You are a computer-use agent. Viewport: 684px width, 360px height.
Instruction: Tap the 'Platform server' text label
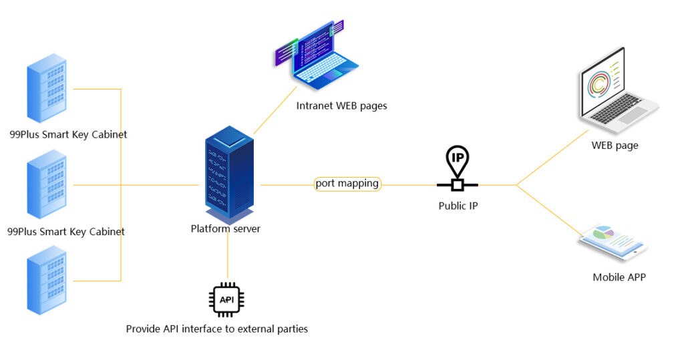pos(225,229)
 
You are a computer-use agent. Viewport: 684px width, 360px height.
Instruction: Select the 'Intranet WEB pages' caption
pos(341,106)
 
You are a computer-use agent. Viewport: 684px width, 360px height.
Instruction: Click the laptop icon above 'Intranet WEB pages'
pos(317,57)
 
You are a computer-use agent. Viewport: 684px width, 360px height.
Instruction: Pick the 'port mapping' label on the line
pos(347,184)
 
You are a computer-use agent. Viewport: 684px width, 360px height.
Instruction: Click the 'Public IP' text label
pos(458,206)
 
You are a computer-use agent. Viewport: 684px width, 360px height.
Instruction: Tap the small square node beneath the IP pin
pos(458,184)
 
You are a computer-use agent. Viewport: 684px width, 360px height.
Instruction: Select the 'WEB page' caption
pos(615,146)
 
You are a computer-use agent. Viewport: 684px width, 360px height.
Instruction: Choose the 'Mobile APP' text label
pos(619,277)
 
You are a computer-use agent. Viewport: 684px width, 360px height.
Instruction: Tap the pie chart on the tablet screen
pos(603,233)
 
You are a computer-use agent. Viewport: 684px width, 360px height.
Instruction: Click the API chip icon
pos(227,299)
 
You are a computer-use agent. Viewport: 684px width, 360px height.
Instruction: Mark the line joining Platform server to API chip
pos(228,257)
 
